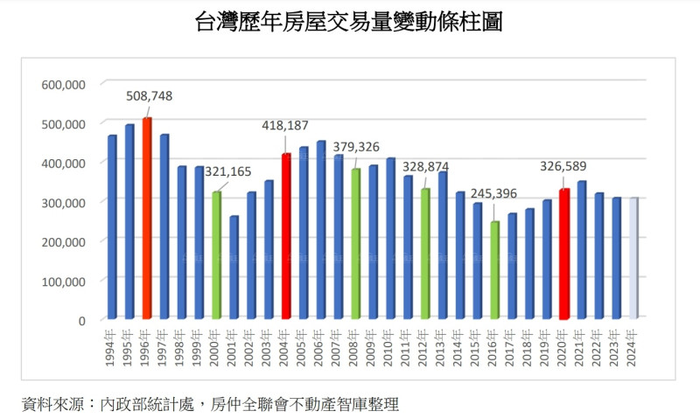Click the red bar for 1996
pyautogui.click(x=147, y=219)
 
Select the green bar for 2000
pyautogui.click(x=216, y=255)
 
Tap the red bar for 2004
pyautogui.click(x=286, y=236)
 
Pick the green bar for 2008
pyautogui.click(x=355, y=243)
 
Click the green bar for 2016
pyautogui.click(x=494, y=270)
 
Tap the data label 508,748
pyautogui.click(x=150, y=96)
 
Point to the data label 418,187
pyautogui.click(x=285, y=126)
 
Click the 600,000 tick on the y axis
pyautogui.click(x=63, y=84)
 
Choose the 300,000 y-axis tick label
pyautogui.click(x=63, y=202)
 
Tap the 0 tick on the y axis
pyautogui.click(x=80, y=320)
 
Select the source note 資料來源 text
pyautogui.click(x=211, y=403)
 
